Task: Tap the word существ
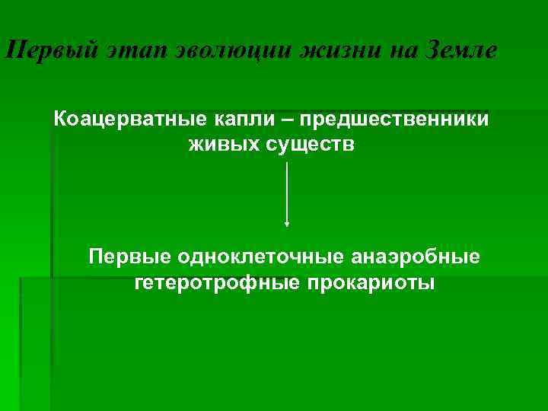(x=309, y=144)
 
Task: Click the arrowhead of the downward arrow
(x=286, y=224)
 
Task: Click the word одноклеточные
(x=252, y=256)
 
